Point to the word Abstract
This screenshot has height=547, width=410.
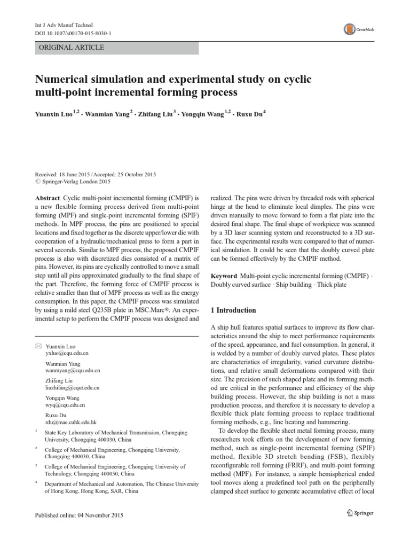pyautogui.click(x=46, y=198)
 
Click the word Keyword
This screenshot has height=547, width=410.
pyautogui.click(x=224, y=275)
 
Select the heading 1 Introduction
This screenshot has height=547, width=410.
pyautogui.click(x=233, y=310)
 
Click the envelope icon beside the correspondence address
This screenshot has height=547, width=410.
pyautogui.click(x=37, y=346)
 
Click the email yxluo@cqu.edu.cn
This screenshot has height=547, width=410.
pyautogui.click(x=67, y=354)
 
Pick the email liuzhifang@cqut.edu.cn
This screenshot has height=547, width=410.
pyautogui.click(x=75, y=387)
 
